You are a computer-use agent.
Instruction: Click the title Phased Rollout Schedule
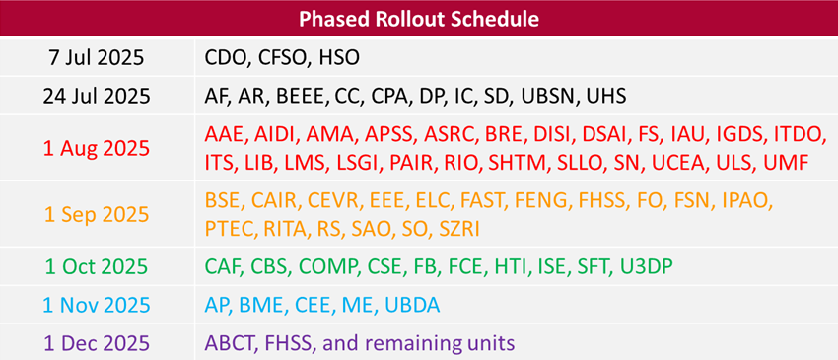(x=419, y=19)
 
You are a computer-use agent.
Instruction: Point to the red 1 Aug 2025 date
(x=96, y=148)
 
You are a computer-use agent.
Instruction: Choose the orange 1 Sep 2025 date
(x=96, y=214)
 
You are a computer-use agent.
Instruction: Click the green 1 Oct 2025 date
(x=96, y=266)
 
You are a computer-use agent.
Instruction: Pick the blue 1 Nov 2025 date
(x=96, y=305)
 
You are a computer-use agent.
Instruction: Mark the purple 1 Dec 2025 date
(x=96, y=342)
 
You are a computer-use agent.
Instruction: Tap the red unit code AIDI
(x=279, y=134)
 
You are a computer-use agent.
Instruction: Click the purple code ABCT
(x=230, y=342)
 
